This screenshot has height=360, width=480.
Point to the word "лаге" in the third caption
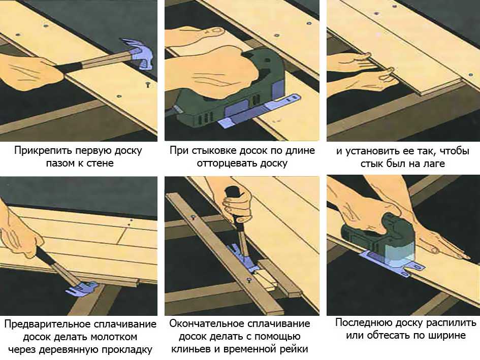click(433, 163)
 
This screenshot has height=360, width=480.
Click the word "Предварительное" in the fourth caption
click(48, 324)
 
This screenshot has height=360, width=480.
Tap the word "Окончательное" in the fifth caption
click(207, 323)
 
